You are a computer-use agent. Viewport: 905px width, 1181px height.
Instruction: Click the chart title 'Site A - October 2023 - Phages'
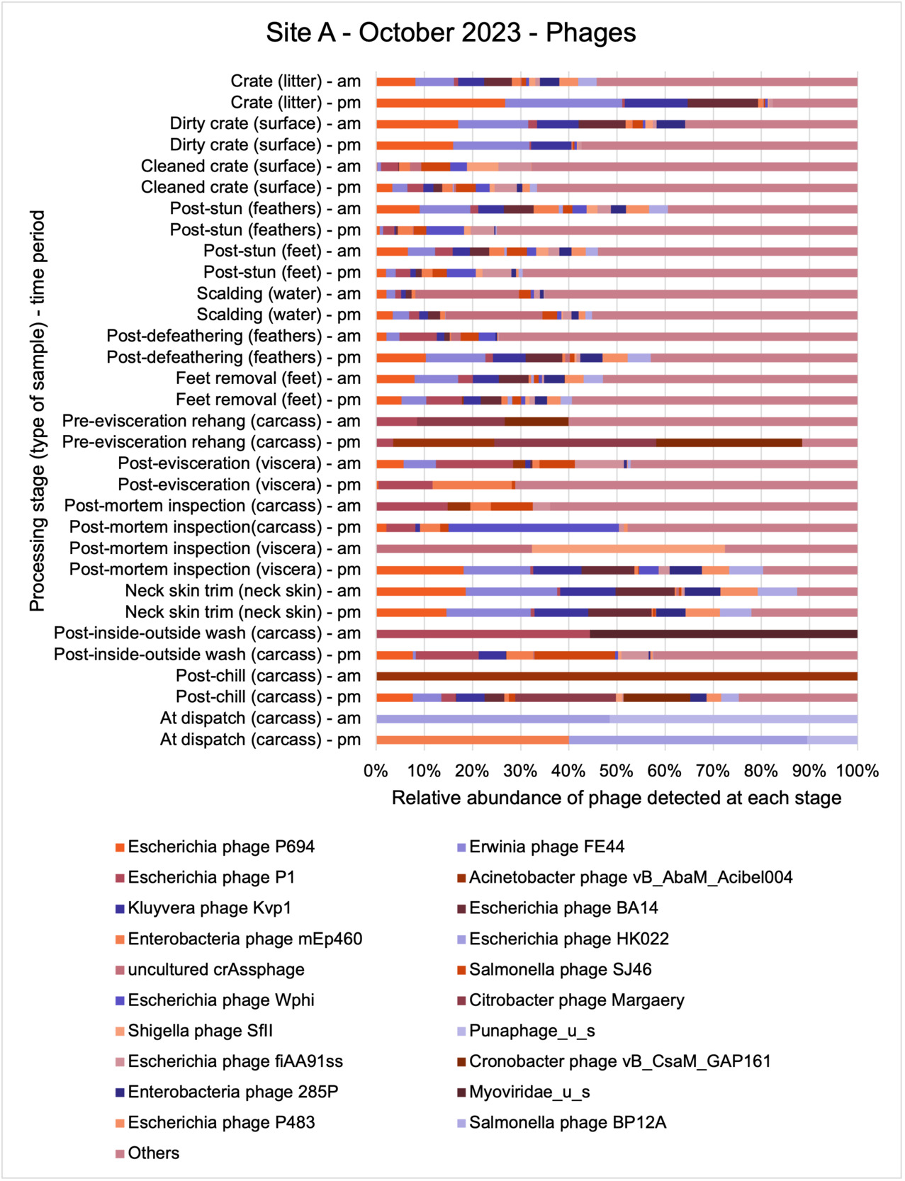(451, 33)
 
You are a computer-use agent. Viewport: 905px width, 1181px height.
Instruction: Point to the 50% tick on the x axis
(616, 771)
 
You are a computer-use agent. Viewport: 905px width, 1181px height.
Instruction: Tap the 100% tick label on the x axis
(856, 771)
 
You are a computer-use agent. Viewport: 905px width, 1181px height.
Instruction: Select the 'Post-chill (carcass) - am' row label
(268, 676)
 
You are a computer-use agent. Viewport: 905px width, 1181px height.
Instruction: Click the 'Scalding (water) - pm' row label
(279, 315)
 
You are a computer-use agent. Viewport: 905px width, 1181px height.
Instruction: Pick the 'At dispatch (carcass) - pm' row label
(260, 740)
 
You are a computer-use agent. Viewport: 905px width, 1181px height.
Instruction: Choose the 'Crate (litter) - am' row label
(296, 81)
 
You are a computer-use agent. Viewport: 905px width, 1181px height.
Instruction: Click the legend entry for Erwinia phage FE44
(546, 847)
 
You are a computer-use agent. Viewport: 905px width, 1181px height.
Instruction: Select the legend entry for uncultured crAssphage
(216, 969)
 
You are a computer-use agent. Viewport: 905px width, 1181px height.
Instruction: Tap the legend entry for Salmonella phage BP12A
(567, 1122)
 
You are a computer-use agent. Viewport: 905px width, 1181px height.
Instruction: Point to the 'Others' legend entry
(153, 1153)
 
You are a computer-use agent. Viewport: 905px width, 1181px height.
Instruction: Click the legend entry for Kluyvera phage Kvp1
(209, 908)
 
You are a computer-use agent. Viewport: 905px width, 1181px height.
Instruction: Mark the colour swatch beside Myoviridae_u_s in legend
(461, 1092)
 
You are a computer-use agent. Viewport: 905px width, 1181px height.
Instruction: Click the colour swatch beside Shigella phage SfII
(120, 1031)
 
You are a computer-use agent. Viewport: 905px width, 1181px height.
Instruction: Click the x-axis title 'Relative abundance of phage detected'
(616, 798)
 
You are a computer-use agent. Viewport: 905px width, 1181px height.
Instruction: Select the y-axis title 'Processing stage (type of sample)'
(37, 410)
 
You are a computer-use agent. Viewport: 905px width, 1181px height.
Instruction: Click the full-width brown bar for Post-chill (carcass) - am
(616, 676)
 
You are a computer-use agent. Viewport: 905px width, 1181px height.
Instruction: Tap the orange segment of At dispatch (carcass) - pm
(472, 740)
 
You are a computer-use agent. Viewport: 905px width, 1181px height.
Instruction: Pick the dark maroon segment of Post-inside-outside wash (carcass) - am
(723, 633)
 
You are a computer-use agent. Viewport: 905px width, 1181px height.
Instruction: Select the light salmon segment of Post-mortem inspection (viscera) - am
(628, 548)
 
